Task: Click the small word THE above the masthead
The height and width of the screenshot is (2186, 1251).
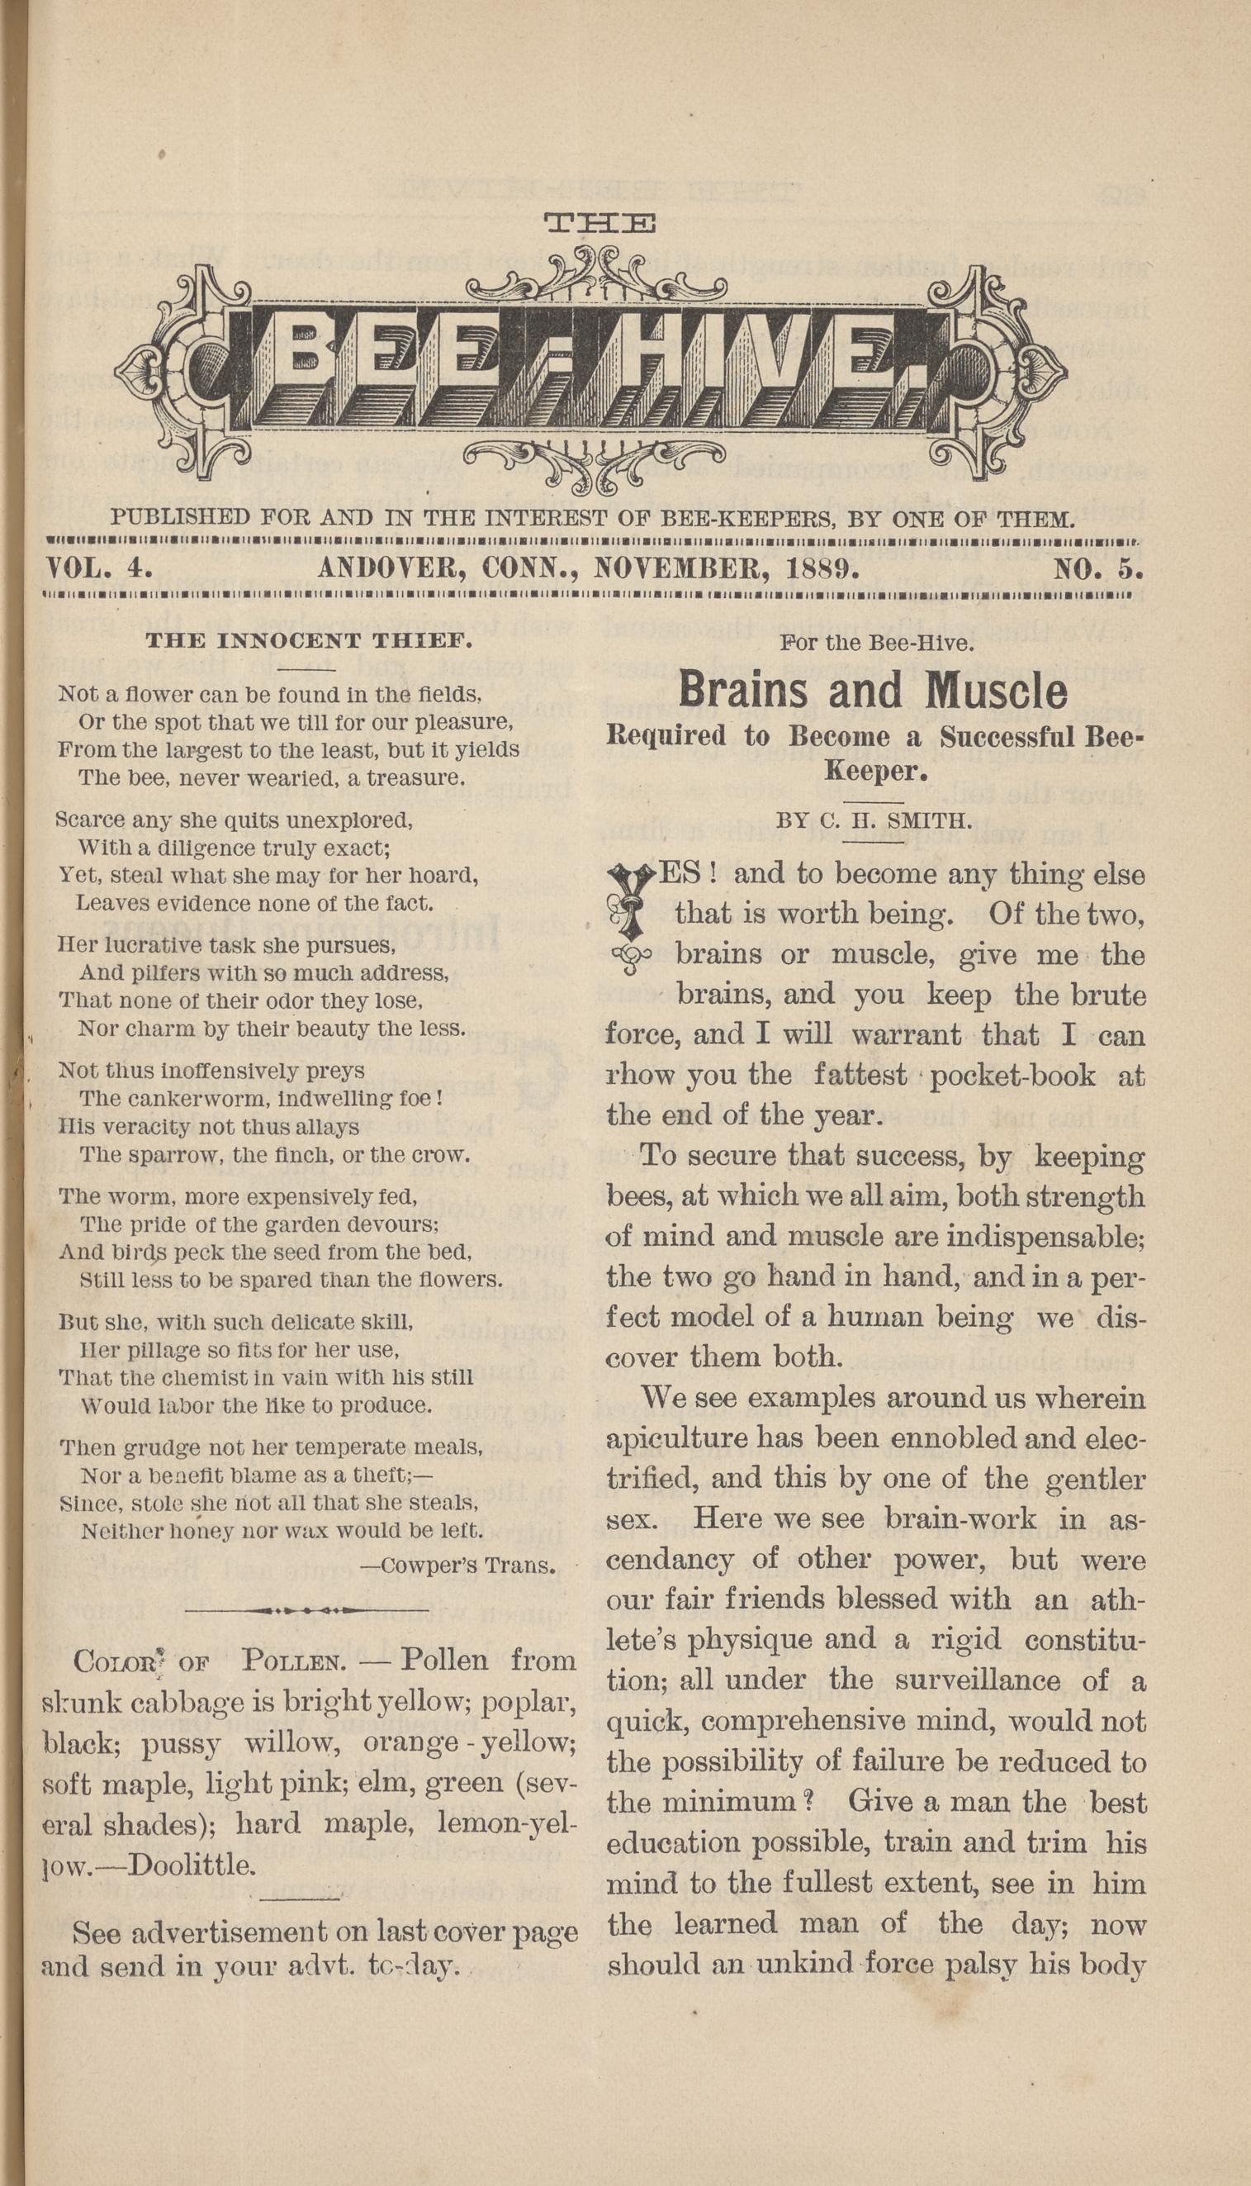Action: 600,225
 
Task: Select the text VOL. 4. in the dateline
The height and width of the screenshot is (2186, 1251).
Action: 100,569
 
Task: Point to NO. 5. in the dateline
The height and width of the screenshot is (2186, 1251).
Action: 1098,569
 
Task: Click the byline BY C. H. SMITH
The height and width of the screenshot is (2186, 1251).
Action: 874,821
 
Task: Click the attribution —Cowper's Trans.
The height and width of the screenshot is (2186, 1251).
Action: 457,1566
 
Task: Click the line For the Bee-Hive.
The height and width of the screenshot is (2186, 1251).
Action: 876,643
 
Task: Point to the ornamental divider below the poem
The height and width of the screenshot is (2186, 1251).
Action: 306,1609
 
